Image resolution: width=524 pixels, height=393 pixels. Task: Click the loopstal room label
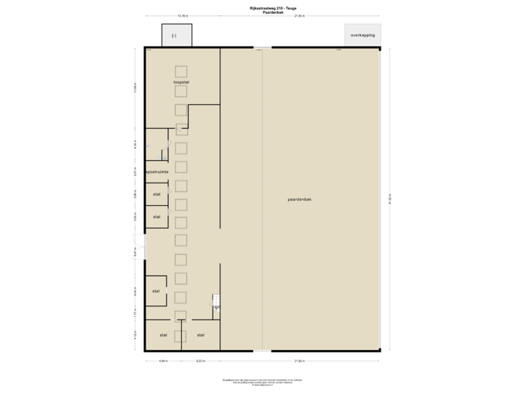coord(181,82)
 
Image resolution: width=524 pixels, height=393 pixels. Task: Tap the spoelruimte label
coord(157,172)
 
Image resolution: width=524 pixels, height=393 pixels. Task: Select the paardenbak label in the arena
coord(299,199)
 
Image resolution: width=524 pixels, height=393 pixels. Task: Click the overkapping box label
coord(362,35)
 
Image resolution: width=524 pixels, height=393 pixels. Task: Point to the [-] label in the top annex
coord(174,35)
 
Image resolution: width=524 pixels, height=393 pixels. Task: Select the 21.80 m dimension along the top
coord(299,15)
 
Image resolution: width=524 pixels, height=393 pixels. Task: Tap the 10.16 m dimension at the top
coord(182,15)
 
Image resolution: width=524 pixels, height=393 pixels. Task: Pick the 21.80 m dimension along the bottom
coord(299,360)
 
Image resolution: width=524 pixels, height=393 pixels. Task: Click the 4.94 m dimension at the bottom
coord(164,360)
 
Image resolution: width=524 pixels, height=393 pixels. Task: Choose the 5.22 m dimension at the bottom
coord(200,360)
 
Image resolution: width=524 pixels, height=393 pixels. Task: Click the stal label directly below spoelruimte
coord(156,194)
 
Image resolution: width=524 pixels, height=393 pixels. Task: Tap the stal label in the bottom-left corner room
coord(163,335)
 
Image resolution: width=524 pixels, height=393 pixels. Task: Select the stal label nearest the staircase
coord(200,335)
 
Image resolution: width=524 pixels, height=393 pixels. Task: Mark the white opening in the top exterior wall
coord(262,48)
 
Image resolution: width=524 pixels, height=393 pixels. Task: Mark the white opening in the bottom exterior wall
coord(262,351)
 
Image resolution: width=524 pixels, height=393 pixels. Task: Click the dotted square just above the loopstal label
coord(181,71)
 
